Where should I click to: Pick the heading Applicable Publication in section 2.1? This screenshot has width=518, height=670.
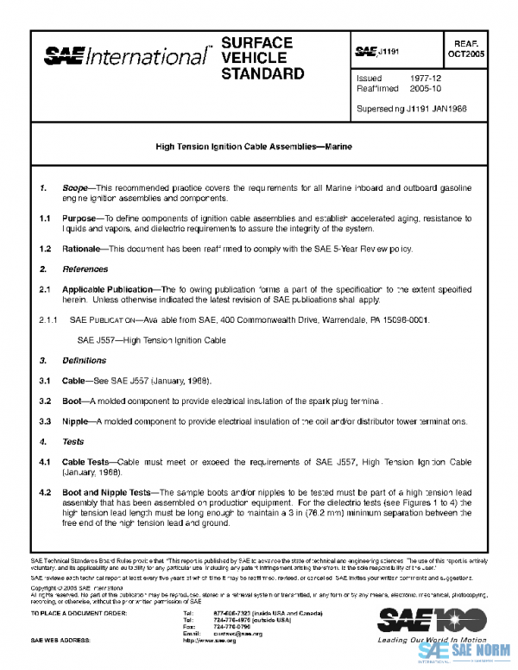click(x=109, y=291)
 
